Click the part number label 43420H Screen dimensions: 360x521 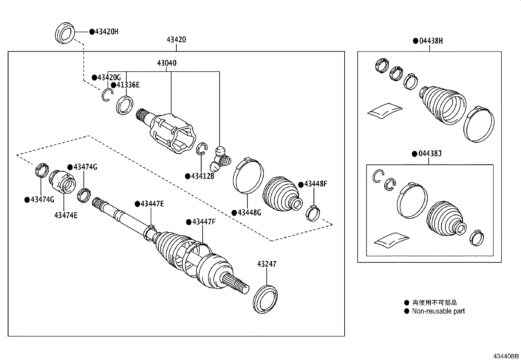(106, 32)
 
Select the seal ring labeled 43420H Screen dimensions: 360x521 (64, 33)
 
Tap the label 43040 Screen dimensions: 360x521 (167, 63)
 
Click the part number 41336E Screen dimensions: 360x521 (128, 85)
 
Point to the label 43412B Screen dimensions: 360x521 (202, 176)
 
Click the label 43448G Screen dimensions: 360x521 (249, 213)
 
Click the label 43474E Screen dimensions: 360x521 (66, 215)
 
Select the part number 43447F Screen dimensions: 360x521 (204, 222)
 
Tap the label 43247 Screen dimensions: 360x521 (266, 264)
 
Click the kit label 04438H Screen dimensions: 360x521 (431, 41)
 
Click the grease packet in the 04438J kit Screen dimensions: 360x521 (391, 239)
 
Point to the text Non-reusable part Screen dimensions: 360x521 (438, 311)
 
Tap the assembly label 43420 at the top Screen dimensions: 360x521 (176, 40)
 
